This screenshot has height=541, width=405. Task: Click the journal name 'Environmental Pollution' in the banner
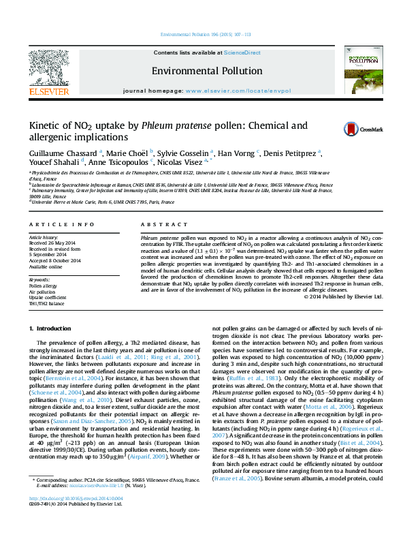point(202,70)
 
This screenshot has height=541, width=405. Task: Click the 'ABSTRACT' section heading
point(158,223)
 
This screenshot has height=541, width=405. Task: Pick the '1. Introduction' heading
point(52,328)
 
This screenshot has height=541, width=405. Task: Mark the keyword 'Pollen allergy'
point(42,286)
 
